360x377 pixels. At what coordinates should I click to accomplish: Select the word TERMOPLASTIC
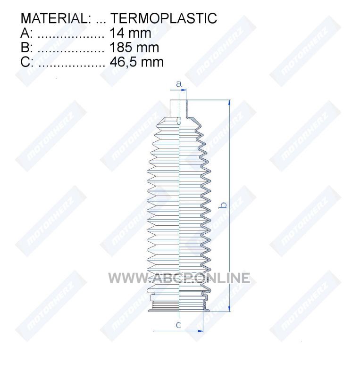[x=164, y=18]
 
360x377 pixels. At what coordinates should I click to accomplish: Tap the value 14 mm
[x=130, y=33]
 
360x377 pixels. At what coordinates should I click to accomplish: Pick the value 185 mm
[x=134, y=48]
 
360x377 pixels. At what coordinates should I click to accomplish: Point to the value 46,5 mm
[x=136, y=62]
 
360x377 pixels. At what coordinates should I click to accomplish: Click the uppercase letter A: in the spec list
[x=26, y=33]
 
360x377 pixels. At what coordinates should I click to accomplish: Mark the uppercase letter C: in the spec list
[x=27, y=62]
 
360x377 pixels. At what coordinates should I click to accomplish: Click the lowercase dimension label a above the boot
[x=178, y=84]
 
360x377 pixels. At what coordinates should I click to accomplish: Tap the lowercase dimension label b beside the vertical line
[x=224, y=205]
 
